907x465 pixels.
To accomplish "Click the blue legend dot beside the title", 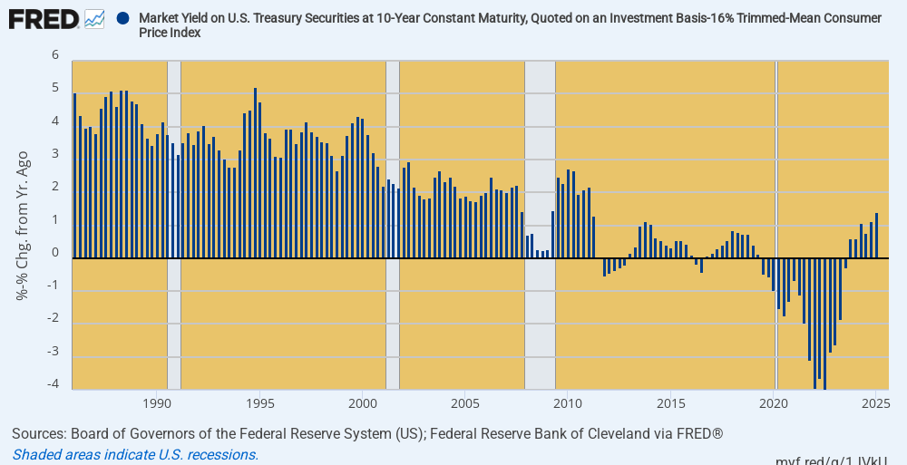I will [x=122, y=17].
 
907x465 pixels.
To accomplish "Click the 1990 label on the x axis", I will [x=157, y=402].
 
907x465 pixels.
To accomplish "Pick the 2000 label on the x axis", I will [x=363, y=402].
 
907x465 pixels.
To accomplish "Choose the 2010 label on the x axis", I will [x=568, y=402].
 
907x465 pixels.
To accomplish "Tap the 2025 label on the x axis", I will [x=875, y=402].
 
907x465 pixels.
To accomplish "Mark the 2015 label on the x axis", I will [x=671, y=402].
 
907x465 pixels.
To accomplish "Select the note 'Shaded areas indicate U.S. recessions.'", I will [x=136, y=454].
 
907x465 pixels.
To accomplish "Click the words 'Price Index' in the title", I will [x=170, y=33].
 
